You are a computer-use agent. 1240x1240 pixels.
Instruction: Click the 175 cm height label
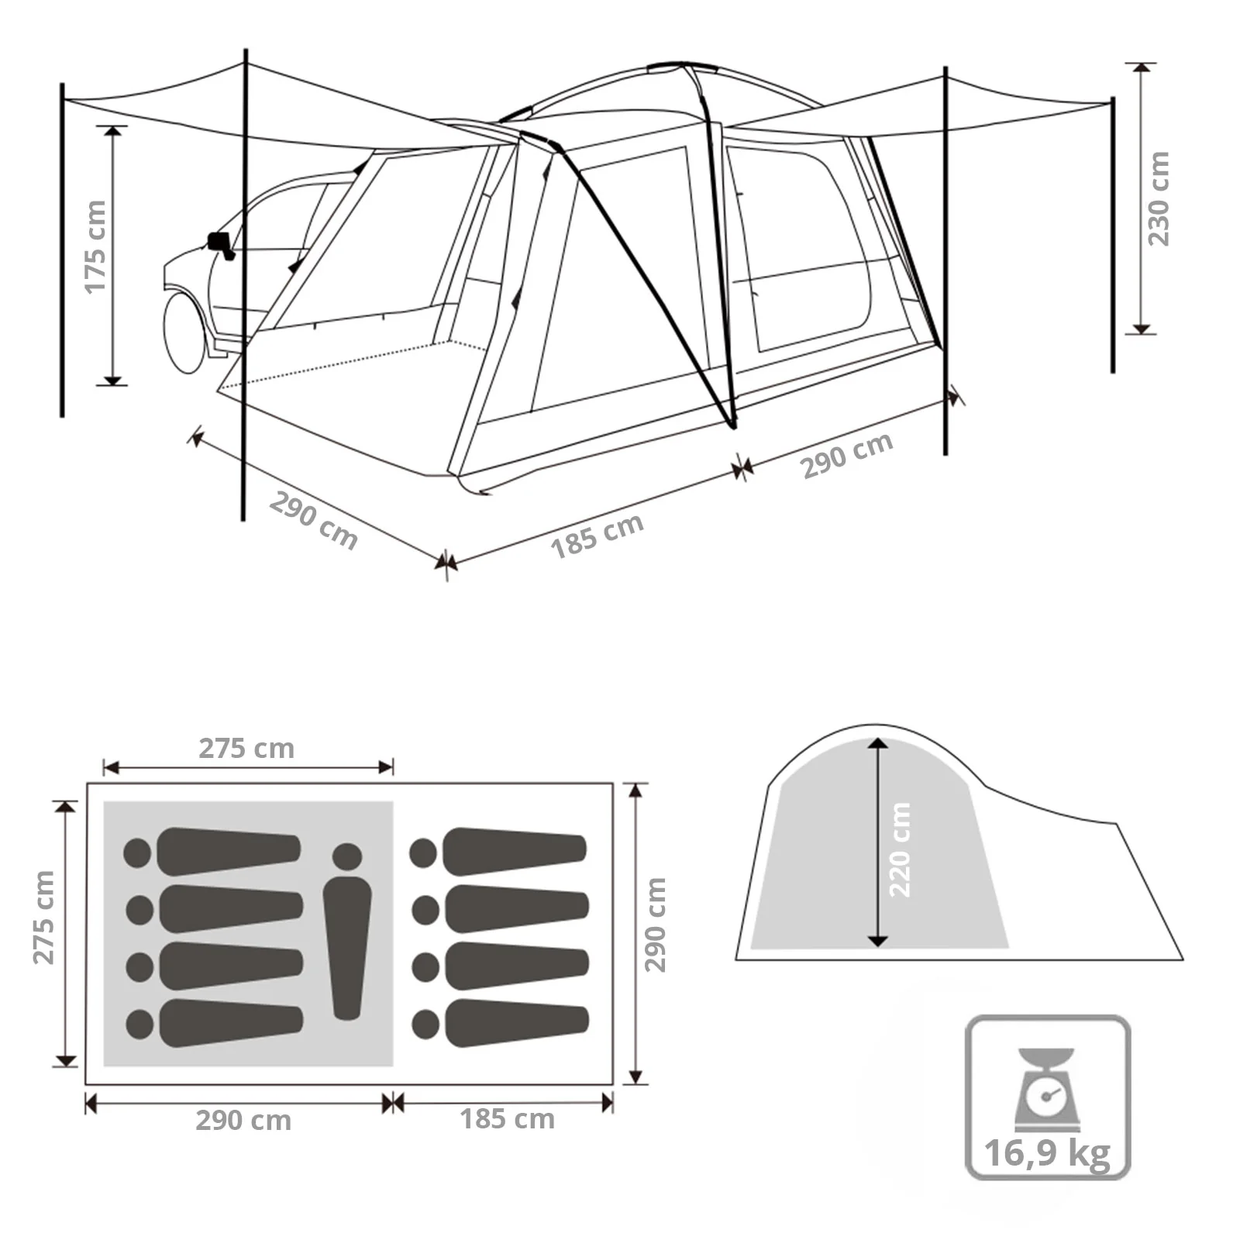[95, 246]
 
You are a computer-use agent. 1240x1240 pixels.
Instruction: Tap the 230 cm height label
[1158, 199]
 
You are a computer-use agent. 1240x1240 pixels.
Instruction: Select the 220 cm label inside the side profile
[900, 850]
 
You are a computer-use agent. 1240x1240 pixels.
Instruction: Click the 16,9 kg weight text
[1047, 1152]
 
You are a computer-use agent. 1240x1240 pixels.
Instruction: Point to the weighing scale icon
[1047, 1089]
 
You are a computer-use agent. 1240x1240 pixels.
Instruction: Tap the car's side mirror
[219, 243]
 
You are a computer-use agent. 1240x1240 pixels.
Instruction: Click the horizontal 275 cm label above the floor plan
[246, 749]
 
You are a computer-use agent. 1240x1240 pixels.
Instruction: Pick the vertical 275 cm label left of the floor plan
[43, 918]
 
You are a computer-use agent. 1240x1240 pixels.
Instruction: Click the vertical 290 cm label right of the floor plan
[655, 925]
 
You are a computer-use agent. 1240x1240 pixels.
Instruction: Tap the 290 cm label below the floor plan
[243, 1121]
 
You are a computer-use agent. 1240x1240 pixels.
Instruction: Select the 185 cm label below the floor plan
[507, 1119]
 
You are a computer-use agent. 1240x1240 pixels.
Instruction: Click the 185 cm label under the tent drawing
[597, 535]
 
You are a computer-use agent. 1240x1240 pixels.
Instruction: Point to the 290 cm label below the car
[313, 522]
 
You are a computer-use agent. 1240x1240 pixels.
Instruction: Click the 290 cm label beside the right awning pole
[846, 455]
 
